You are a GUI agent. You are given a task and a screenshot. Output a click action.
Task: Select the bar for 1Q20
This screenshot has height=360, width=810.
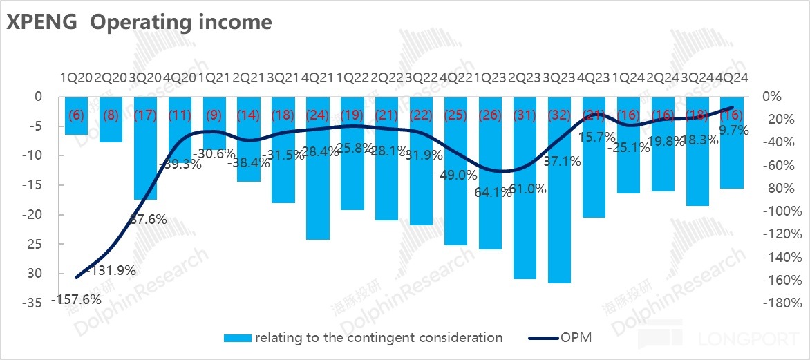tap(76, 124)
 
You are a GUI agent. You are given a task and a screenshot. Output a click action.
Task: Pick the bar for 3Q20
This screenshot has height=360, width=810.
tap(145, 159)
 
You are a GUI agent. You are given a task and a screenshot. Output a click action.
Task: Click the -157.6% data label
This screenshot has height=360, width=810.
tap(76, 299)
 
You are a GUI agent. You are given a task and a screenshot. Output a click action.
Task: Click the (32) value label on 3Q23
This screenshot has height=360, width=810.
tap(559, 115)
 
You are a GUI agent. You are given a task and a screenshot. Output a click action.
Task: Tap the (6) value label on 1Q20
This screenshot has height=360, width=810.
tap(76, 115)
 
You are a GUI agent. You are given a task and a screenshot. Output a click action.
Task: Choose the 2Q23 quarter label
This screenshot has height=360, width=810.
tap(525, 77)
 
